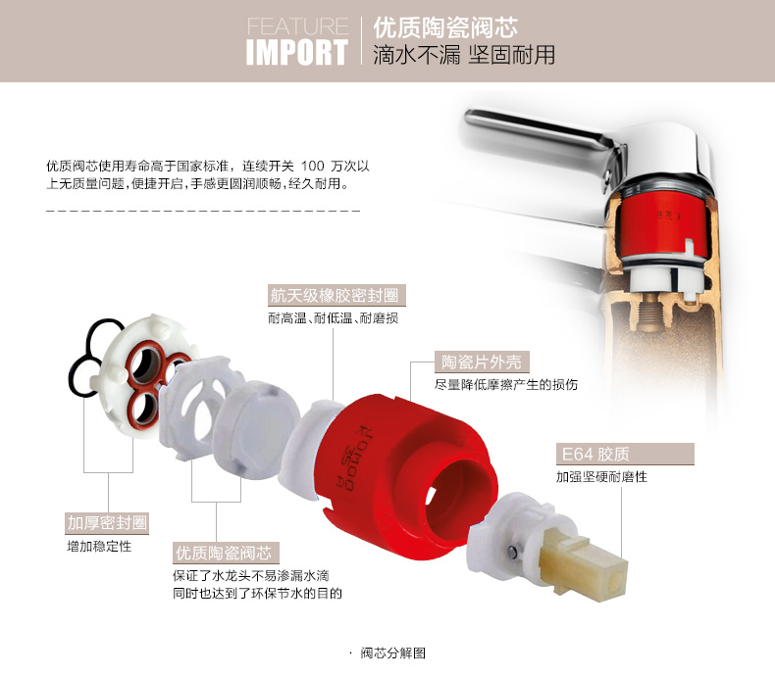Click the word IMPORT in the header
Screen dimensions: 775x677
(x=297, y=52)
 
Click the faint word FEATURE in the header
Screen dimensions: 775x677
(x=297, y=25)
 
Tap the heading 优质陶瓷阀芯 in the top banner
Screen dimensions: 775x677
(x=445, y=27)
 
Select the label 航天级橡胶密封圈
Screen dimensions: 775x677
(x=335, y=296)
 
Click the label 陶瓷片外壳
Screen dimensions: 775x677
(x=482, y=363)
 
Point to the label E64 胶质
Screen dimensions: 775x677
(x=595, y=454)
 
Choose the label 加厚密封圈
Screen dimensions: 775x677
(x=107, y=523)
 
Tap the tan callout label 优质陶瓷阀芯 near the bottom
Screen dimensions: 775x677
(x=224, y=554)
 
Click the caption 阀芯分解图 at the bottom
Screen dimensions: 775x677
(x=393, y=653)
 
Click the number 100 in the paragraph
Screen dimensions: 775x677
(x=313, y=166)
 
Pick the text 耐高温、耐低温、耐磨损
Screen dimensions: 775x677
(x=334, y=318)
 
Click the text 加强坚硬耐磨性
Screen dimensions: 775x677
(x=601, y=477)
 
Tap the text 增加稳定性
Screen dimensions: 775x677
(x=99, y=547)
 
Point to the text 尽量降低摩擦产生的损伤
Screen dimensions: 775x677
(x=506, y=384)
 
